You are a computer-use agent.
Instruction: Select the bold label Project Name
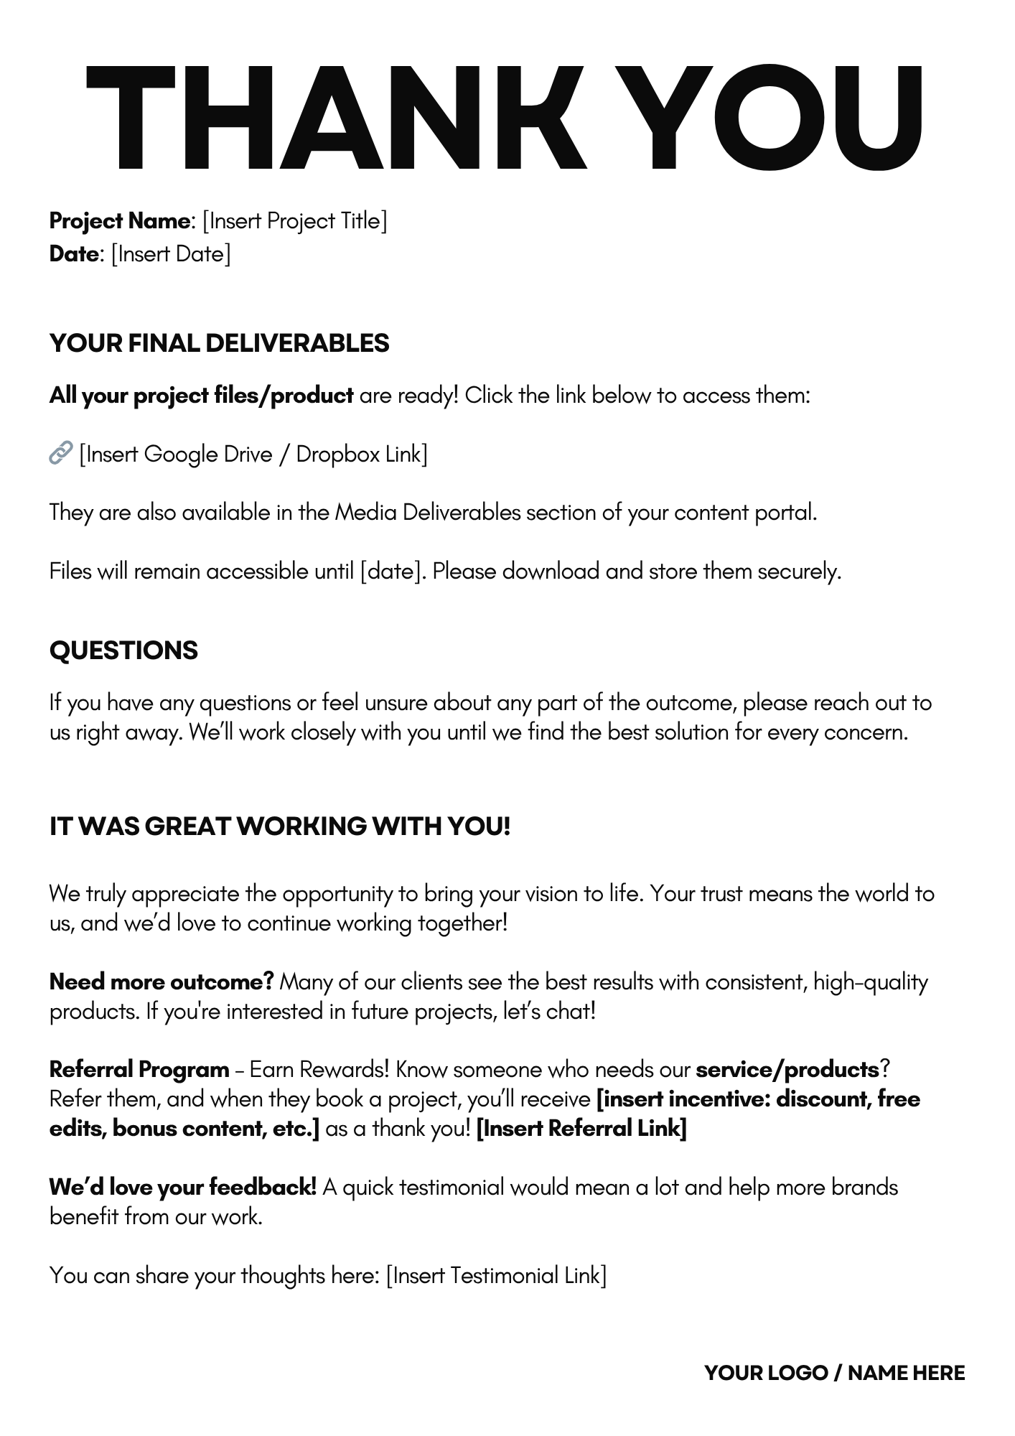[119, 221]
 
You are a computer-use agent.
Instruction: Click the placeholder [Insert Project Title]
[295, 221]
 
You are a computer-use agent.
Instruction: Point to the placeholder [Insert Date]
[171, 254]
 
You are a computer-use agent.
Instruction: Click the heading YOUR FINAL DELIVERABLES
[220, 343]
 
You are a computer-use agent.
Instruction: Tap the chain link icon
[61, 453]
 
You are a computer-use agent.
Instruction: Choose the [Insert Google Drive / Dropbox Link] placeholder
[253, 454]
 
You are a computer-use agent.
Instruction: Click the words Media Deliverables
[428, 513]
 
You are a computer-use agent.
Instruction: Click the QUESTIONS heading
[123, 651]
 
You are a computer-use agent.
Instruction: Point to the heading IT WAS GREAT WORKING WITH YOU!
[280, 826]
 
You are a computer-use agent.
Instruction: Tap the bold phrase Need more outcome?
[162, 982]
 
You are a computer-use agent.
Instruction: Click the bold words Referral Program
[139, 1070]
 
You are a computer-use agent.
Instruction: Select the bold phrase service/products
[787, 1070]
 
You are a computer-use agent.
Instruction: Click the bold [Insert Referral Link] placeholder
[581, 1129]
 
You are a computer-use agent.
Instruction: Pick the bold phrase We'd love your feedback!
[183, 1188]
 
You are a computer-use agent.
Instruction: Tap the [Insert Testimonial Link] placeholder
[496, 1276]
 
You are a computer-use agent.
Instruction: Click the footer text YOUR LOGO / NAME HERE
[834, 1374]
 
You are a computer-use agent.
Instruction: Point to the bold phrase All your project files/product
[202, 396]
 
